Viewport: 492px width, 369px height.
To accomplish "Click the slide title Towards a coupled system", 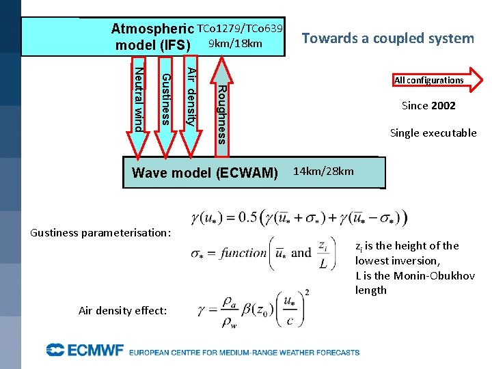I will click(x=388, y=38).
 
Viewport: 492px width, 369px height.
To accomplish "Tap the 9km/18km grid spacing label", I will click(x=235, y=44).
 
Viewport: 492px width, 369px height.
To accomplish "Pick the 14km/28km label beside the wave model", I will click(x=323, y=171).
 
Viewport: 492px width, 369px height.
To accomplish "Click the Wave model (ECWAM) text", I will click(x=204, y=173).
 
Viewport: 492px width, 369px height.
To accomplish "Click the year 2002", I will click(x=443, y=106).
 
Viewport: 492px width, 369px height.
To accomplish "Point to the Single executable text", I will click(x=433, y=133).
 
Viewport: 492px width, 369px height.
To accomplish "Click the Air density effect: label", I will click(x=122, y=310).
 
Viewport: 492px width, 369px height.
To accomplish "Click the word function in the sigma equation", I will click(x=243, y=253).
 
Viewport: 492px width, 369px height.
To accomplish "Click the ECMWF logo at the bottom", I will click(x=85, y=351).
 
